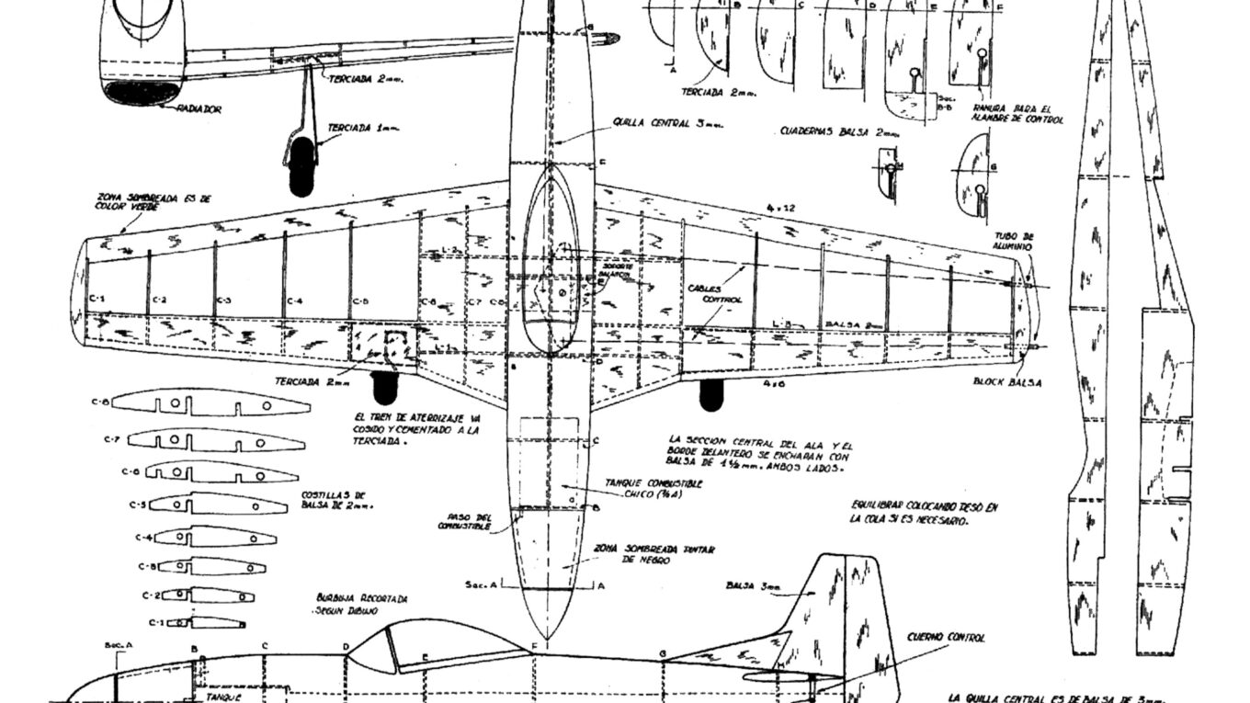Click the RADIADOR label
coord(199,108)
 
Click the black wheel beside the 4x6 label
coord(710,394)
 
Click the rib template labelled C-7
coord(216,440)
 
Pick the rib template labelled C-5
coord(218,504)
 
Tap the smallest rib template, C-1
coord(212,622)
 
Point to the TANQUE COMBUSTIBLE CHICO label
coord(653,488)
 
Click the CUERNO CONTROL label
coord(947,637)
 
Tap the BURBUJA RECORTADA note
coord(361,604)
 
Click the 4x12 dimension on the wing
coord(782,209)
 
